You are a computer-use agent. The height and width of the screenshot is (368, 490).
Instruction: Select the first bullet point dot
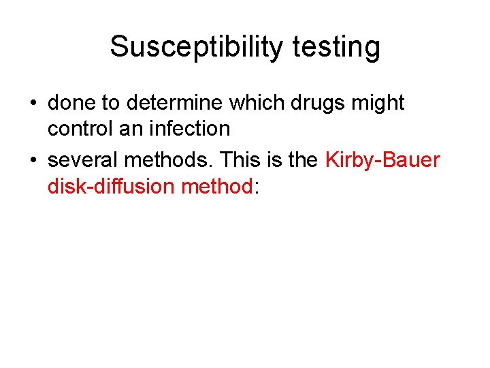(x=33, y=104)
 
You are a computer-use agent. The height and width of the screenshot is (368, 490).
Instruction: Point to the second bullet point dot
(x=33, y=162)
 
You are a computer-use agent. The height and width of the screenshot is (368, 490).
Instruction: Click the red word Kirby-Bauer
(x=383, y=160)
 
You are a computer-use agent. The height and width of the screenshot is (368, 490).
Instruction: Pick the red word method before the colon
(x=217, y=185)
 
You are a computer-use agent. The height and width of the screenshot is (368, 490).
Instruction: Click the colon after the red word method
(x=256, y=187)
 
